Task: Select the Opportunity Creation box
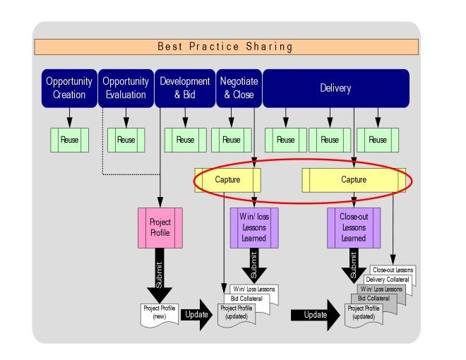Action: pos(69,88)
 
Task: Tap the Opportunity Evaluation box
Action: pos(126,88)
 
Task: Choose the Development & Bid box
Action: pos(184,88)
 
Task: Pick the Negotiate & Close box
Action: pos(238,88)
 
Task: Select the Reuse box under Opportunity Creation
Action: pos(69,140)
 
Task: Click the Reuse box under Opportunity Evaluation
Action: pos(126,140)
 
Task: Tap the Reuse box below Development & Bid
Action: pos(185,140)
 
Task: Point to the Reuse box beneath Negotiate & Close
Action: pos(231,140)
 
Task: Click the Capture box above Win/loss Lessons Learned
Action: pos(227,180)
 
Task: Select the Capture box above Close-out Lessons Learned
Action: pos(354,180)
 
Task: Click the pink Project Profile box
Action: pos(160,227)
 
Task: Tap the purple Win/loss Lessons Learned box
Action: pos(254,228)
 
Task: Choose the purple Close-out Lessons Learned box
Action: pos(353,228)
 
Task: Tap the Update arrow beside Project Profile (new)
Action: pos(196,315)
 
